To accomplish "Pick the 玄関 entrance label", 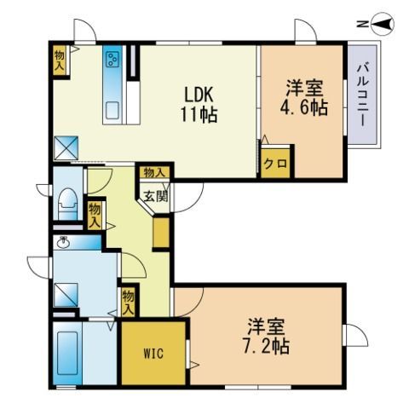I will (x=155, y=195).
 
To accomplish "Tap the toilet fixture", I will (x=67, y=204).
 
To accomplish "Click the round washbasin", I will (x=62, y=242).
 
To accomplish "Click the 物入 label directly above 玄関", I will (x=154, y=173).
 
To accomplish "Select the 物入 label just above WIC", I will (x=128, y=301).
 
